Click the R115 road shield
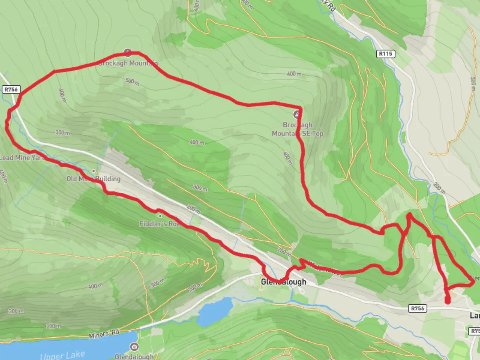click(x=386, y=54)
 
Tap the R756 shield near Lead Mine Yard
click(x=11, y=89)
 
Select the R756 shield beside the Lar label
click(x=417, y=308)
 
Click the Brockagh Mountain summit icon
click(x=128, y=52)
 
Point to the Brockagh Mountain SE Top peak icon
click(x=296, y=115)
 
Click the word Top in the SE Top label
click(x=317, y=133)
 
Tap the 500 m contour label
click(x=132, y=81)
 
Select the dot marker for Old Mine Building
click(x=94, y=171)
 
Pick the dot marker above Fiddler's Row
click(x=160, y=216)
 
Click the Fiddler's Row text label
click(x=160, y=224)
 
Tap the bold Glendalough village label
click(x=283, y=282)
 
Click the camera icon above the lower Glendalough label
click(x=134, y=347)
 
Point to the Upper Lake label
click(x=62, y=355)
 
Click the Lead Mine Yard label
click(x=22, y=158)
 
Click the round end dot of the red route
click(x=448, y=301)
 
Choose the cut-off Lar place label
click(x=475, y=315)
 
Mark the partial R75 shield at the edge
click(x=475, y=331)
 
